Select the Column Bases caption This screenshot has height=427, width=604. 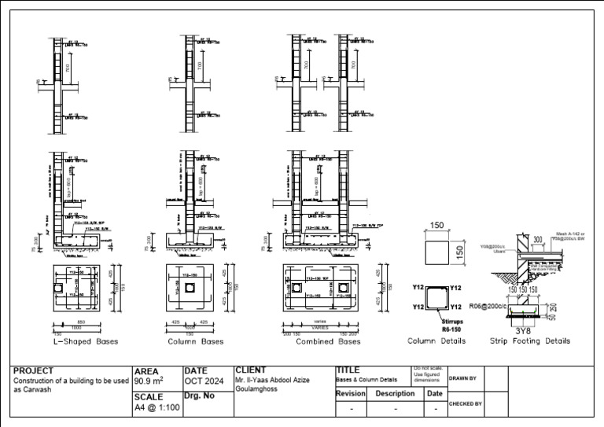(195, 342)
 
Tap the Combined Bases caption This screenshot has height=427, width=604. (328, 342)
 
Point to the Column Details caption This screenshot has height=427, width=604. (436, 341)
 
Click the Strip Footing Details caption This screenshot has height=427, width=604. (531, 341)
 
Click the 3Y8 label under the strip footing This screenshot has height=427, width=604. (523, 331)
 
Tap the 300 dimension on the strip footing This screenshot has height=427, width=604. (538, 239)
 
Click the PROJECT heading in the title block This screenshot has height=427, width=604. (33, 370)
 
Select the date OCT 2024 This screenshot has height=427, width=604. (204, 381)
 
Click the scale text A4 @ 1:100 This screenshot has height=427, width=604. (157, 407)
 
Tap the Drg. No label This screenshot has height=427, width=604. (199, 396)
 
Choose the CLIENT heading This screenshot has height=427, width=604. (251, 370)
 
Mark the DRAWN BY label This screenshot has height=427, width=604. (463, 378)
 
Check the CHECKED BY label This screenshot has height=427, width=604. (465, 403)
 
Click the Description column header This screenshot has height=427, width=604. (395, 393)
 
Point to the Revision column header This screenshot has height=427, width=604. (351, 393)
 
